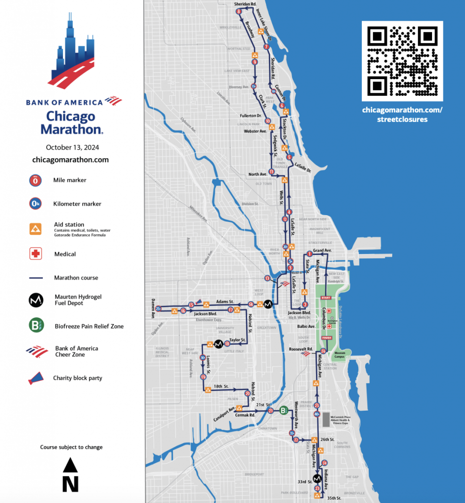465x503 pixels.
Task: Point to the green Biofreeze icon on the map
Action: (284, 411)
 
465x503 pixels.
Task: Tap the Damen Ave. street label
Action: (153, 308)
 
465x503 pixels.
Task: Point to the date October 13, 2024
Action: (70, 147)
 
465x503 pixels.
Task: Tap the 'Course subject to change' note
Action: (71, 447)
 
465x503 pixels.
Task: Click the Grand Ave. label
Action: (322, 251)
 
